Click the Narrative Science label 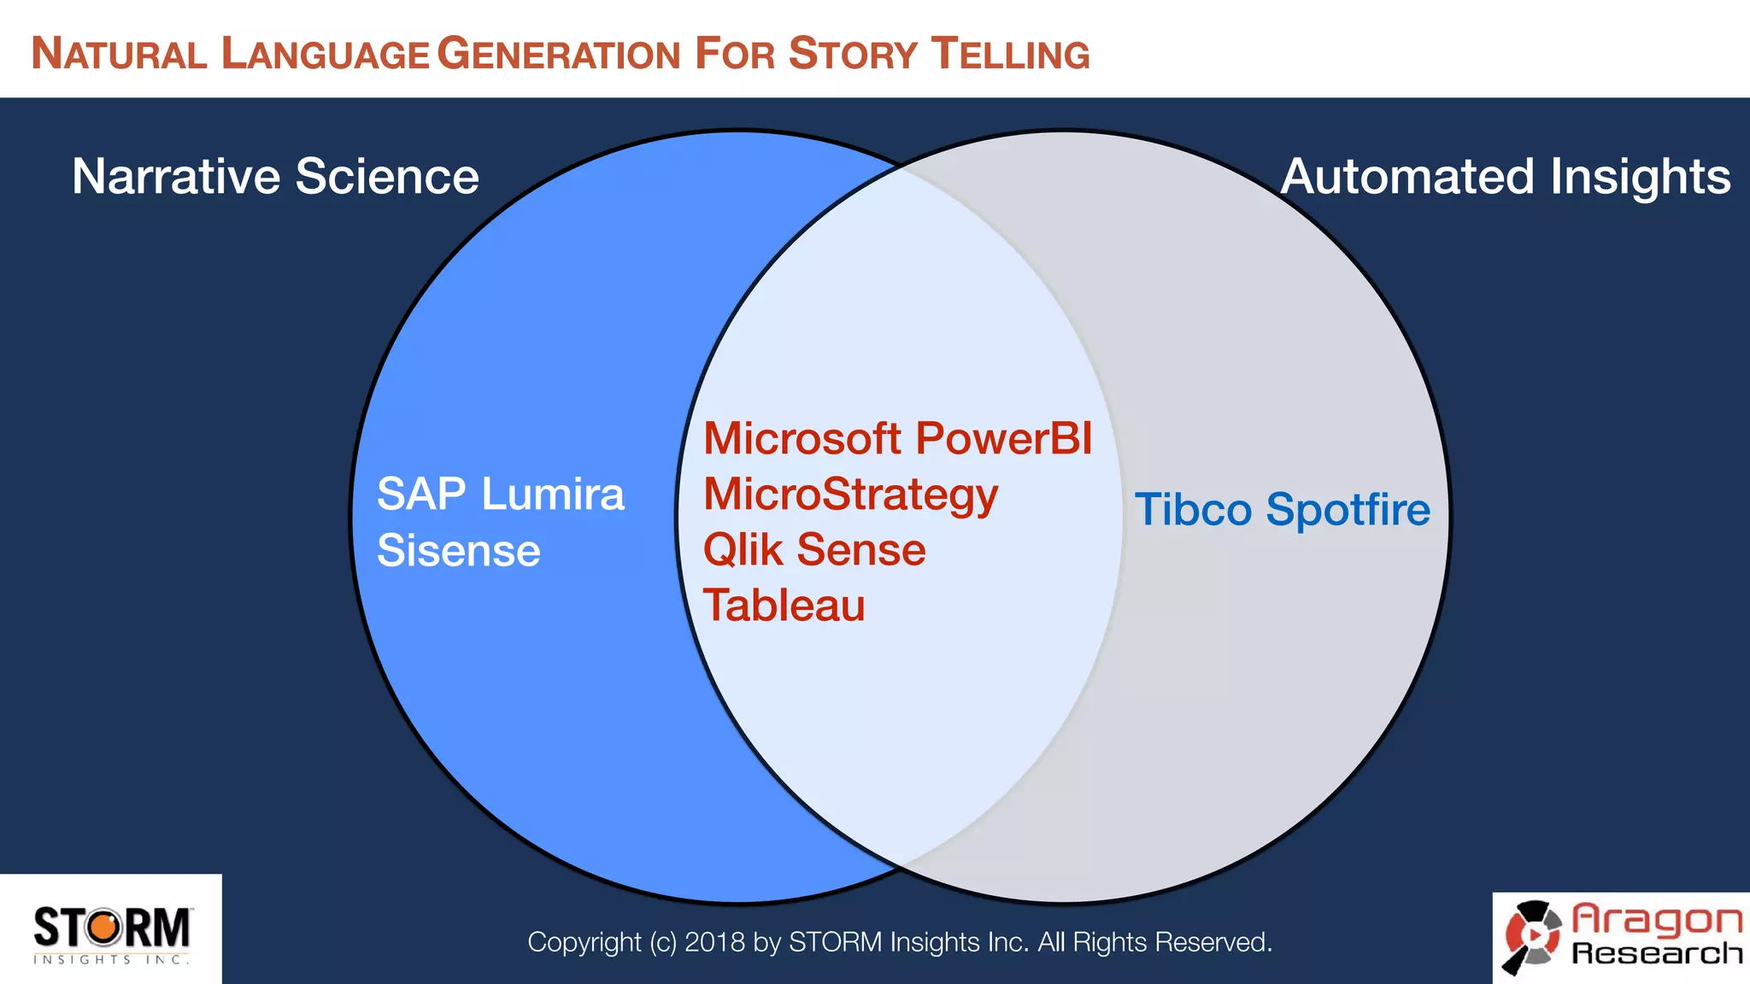pos(275,177)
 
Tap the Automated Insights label pos(1506,177)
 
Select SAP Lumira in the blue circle pos(501,495)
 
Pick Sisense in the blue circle pos(459,550)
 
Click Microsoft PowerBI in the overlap pos(897,438)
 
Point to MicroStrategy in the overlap pos(850,495)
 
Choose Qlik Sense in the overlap pos(814,549)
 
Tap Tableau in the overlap pos(784,606)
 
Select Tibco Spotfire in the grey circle pos(1282,509)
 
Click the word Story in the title pos(852,54)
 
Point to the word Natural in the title pos(119,54)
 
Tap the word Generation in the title pos(559,54)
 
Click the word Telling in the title pos(1010,54)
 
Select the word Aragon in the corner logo pos(1657,919)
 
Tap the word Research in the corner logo pos(1657,953)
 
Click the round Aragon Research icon pos(1533,936)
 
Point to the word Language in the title pos(325,54)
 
